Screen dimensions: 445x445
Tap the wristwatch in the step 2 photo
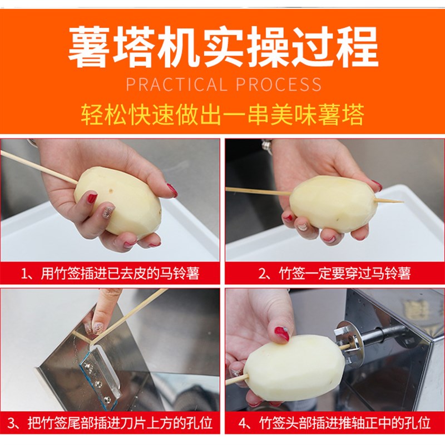coord(267,146)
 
